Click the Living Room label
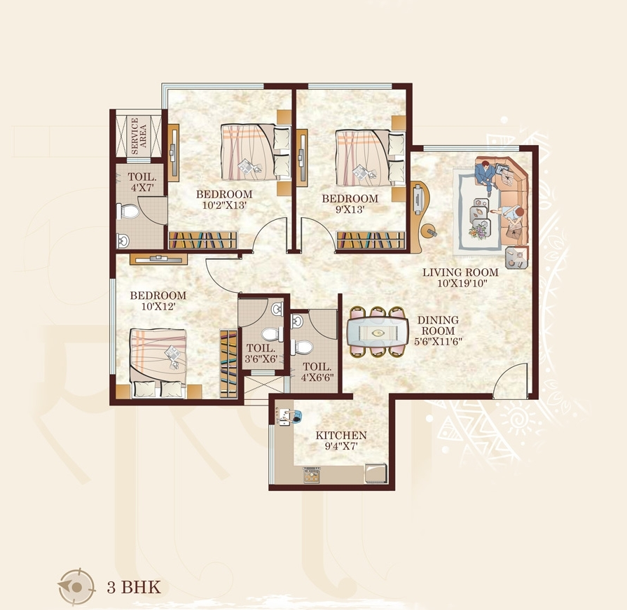(460, 272)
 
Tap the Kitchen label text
(341, 436)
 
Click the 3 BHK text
(134, 587)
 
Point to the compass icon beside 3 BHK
(76, 587)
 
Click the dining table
(378, 332)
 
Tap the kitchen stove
(312, 476)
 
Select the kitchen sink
(285, 416)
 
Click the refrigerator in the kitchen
(375, 473)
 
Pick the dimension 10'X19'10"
(462, 284)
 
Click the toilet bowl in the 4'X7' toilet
(128, 211)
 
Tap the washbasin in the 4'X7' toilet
(123, 241)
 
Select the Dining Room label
(439, 326)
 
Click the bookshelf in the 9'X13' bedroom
(371, 240)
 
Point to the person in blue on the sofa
(485, 174)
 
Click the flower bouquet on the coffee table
(478, 231)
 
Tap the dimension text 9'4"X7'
(341, 446)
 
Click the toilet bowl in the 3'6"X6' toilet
(273, 334)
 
